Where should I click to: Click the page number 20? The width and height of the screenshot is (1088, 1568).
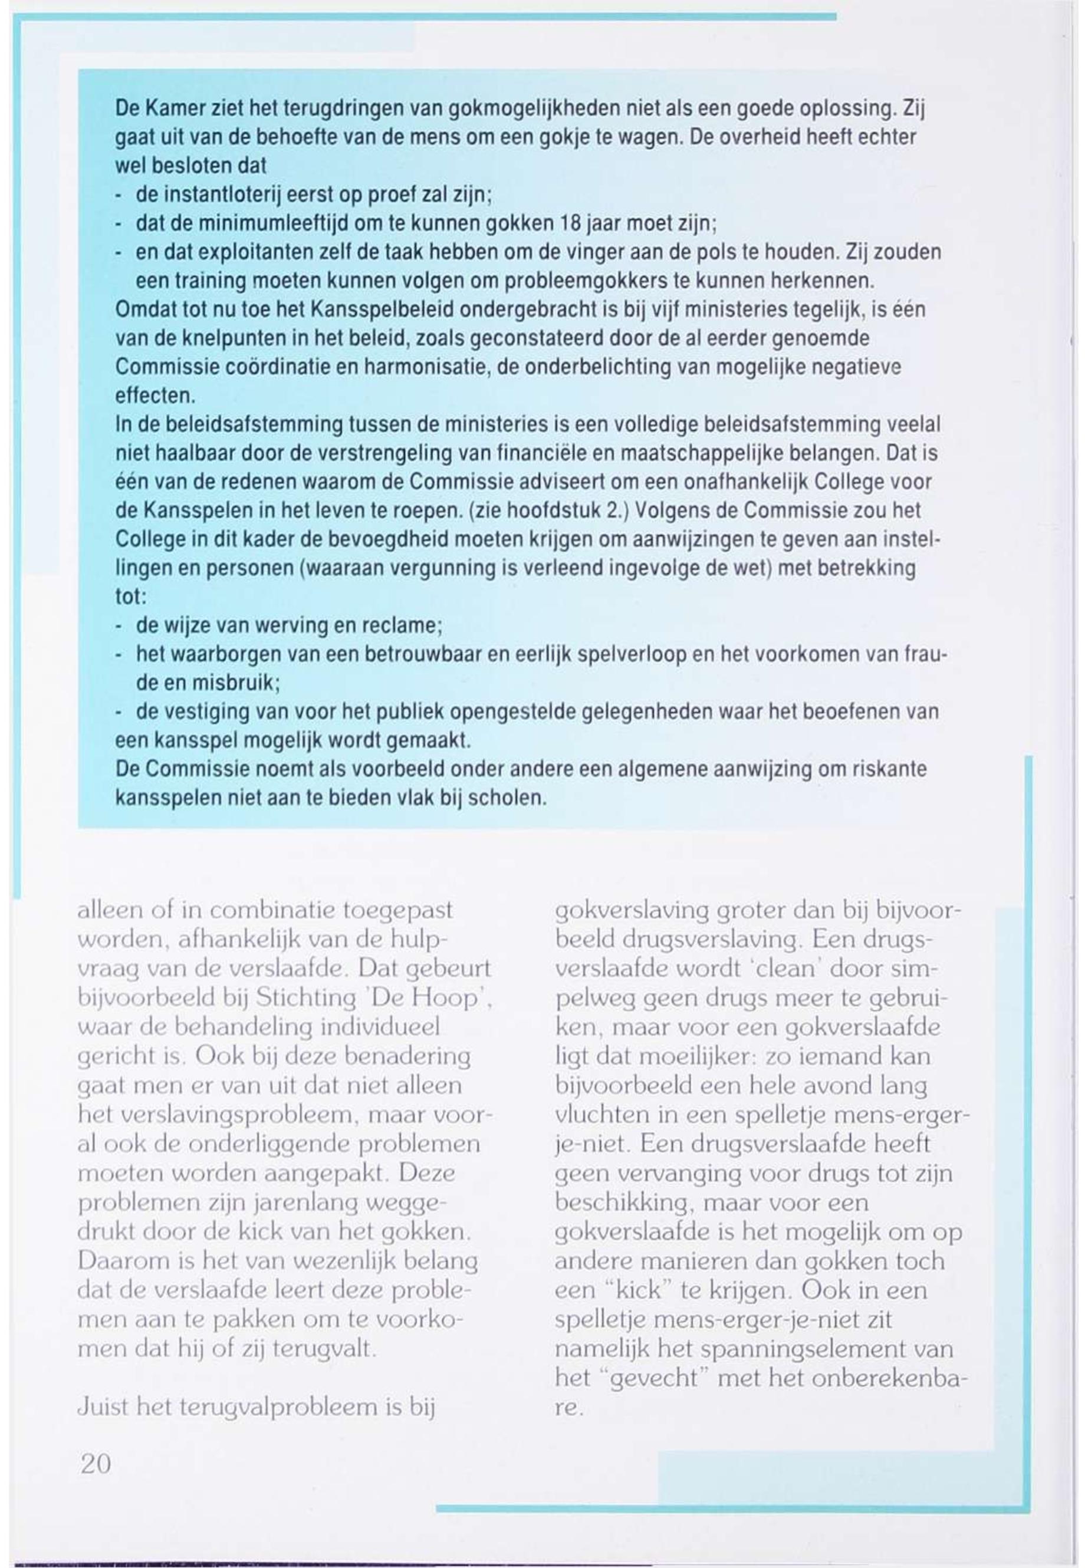[x=96, y=1464]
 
